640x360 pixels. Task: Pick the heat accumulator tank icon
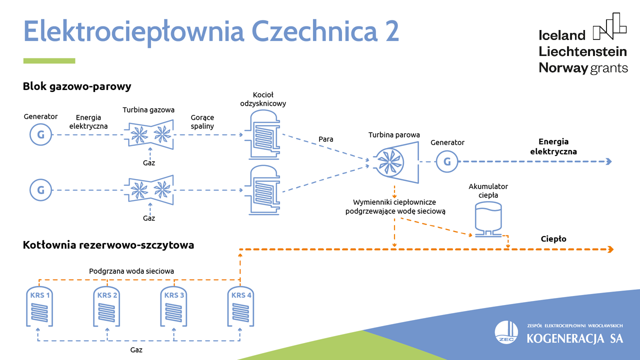[487, 219]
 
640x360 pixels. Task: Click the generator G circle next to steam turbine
[447, 161]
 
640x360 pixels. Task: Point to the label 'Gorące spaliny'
[202, 122]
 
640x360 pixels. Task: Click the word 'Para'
[326, 139]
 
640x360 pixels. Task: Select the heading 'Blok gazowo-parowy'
[77, 86]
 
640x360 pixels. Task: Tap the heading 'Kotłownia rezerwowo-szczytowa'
[108, 245]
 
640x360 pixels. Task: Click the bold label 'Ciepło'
[553, 239]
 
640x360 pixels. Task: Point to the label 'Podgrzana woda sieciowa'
[131, 271]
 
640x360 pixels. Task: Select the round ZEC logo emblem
[506, 332]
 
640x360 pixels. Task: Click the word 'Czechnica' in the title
[320, 31]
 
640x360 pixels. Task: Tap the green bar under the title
[49, 61]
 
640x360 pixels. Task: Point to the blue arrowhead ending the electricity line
[608, 161]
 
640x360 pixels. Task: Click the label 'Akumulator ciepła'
[488, 191]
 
